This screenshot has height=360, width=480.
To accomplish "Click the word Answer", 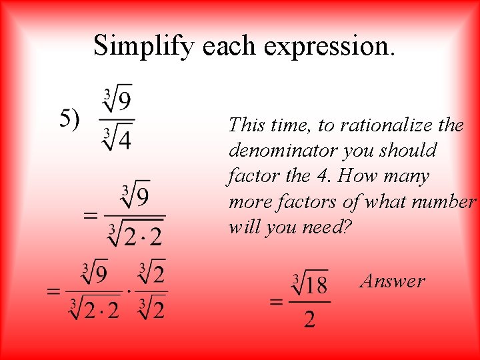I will click(x=392, y=281).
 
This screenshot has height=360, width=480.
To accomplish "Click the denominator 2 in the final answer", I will click(x=310, y=320).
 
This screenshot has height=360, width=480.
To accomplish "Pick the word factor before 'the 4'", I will click(x=250, y=176).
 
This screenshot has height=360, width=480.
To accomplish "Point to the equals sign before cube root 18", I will click(x=276, y=301).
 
